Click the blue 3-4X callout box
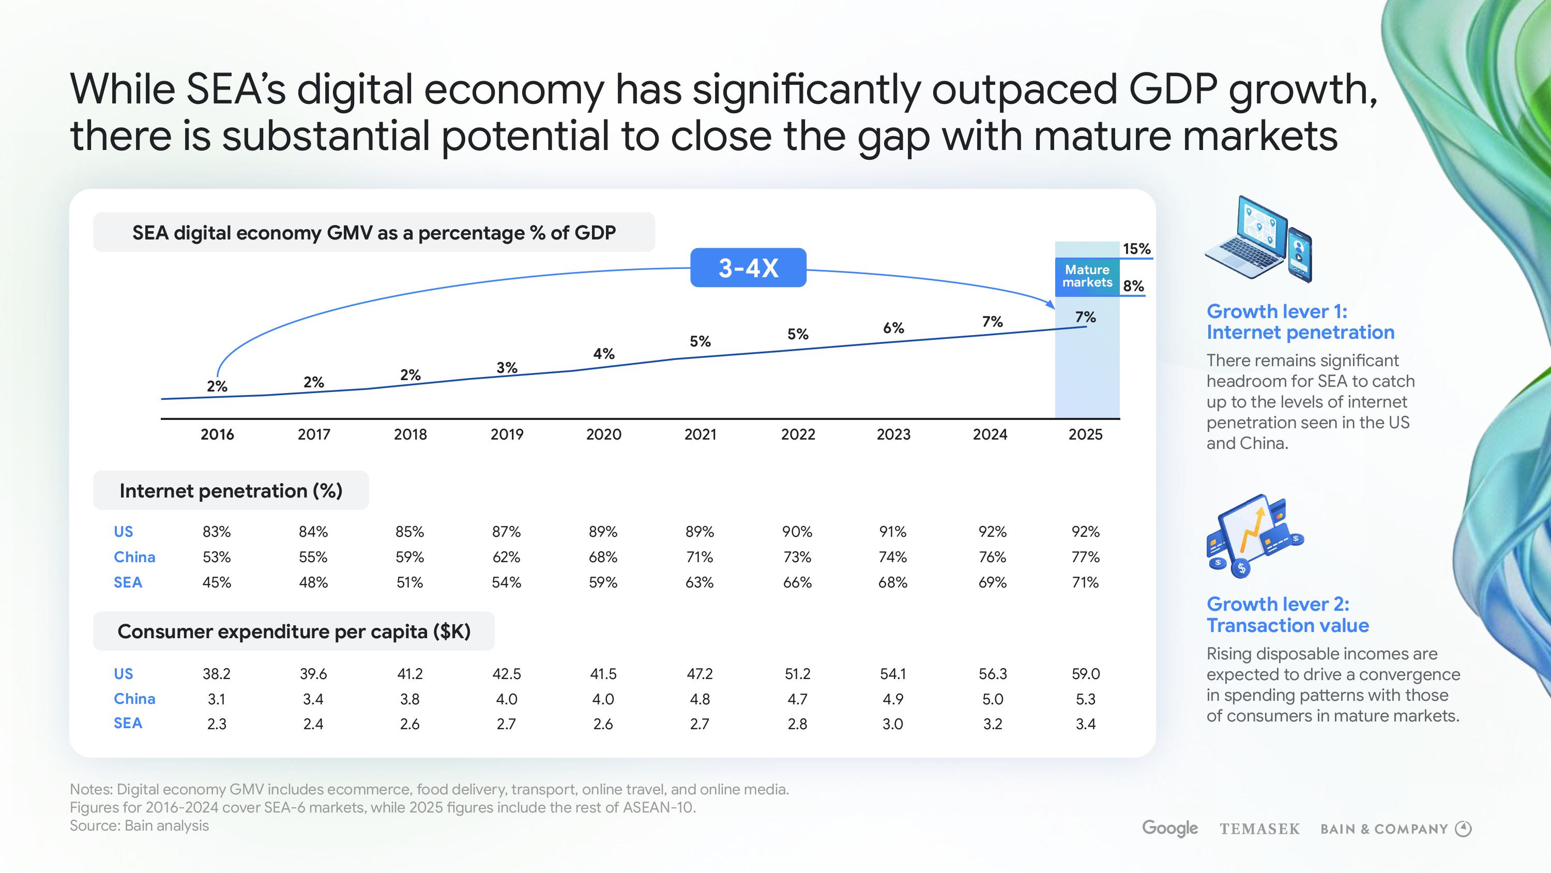[x=748, y=267]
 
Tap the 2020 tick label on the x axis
[x=603, y=434]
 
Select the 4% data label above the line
[x=603, y=354]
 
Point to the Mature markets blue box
[x=1087, y=277]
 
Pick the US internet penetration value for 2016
[x=216, y=531]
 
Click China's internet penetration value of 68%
[x=603, y=556]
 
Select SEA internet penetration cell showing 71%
[x=1085, y=582]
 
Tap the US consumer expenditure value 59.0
[x=1086, y=673]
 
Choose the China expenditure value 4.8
[x=700, y=699]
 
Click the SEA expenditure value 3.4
[x=1086, y=724]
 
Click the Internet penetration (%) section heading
[x=231, y=490]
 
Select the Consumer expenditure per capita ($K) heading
[x=294, y=631]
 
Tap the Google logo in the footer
[x=1169, y=829]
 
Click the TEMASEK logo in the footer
[x=1259, y=829]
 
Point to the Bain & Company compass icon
[x=1463, y=829]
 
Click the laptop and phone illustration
[x=1259, y=239]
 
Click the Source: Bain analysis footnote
[x=139, y=825]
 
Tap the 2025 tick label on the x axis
[x=1085, y=434]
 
